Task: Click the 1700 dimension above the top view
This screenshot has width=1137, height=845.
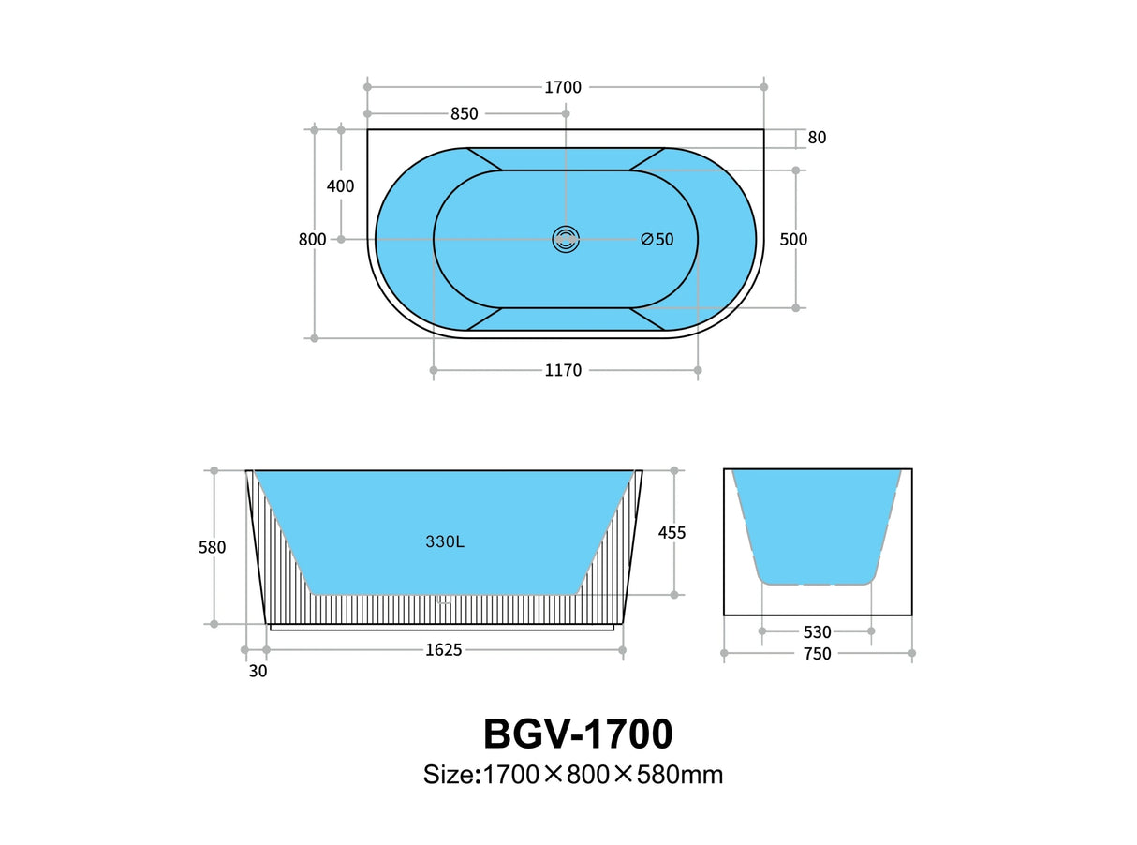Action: coord(563,87)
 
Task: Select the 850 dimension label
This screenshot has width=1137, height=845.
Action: coord(465,114)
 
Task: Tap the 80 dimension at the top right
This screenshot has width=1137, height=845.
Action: coord(817,138)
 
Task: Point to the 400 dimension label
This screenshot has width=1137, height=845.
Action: coord(340,186)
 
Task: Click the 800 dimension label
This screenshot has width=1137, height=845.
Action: coord(312,240)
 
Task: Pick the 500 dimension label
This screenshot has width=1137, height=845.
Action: coord(793,240)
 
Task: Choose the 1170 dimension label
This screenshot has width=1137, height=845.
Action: coord(563,371)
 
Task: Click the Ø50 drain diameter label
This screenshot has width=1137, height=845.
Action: coord(657,240)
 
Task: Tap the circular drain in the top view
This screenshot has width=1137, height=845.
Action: coord(565,240)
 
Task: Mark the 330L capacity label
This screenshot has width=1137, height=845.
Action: coord(445,541)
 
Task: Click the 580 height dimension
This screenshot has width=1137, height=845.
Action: coord(212,548)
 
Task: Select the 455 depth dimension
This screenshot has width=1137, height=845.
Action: coord(672,533)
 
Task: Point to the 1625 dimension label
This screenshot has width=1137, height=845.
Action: coord(444,650)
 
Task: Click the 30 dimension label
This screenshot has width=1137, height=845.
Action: coord(258,671)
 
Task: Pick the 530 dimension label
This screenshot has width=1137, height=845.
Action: coord(817,632)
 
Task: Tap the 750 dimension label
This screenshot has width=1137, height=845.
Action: coord(817,654)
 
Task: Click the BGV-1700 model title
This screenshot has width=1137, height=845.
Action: coord(578,734)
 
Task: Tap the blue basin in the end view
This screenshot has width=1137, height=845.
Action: coord(817,525)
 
